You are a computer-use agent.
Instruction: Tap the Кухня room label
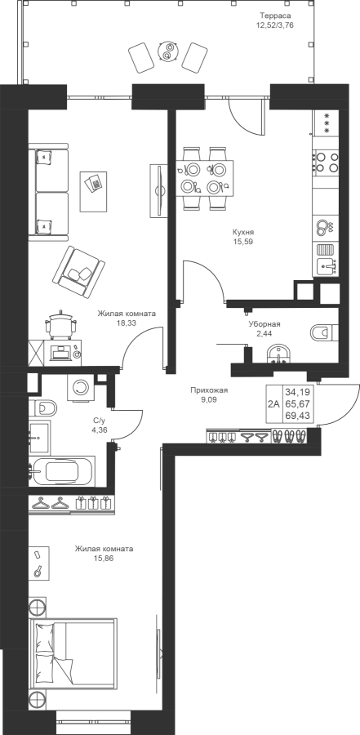(x=243, y=232)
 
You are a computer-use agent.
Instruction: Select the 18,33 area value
(x=126, y=323)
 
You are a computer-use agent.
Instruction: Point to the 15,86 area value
(x=104, y=558)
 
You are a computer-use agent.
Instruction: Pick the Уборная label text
(x=264, y=324)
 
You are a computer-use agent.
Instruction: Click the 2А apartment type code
(x=274, y=404)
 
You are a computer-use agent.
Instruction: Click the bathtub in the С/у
(x=62, y=470)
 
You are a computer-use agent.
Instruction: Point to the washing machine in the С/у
(x=82, y=387)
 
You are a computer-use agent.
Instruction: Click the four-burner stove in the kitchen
(x=327, y=163)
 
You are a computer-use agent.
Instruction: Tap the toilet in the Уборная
(x=324, y=333)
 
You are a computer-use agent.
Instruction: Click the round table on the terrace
(x=167, y=51)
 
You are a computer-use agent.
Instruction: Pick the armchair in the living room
(x=78, y=272)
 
